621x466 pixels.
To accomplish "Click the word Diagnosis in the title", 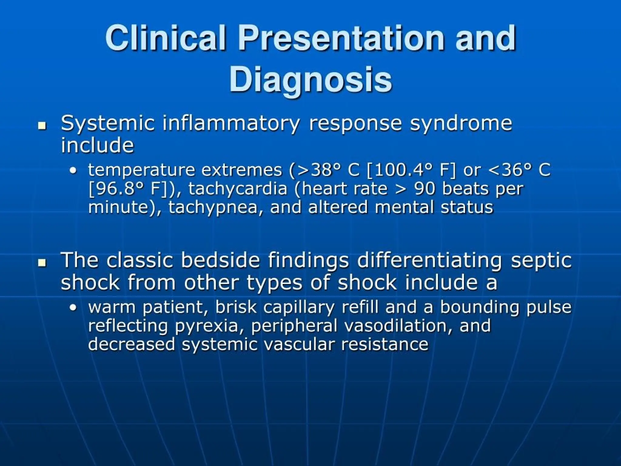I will tap(310, 79).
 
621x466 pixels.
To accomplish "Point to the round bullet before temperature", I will tap(73, 171).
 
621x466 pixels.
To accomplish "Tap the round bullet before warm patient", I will tap(73, 308).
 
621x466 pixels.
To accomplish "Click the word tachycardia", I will tap(238, 189).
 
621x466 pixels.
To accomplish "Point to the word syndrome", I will tap(461, 124).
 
